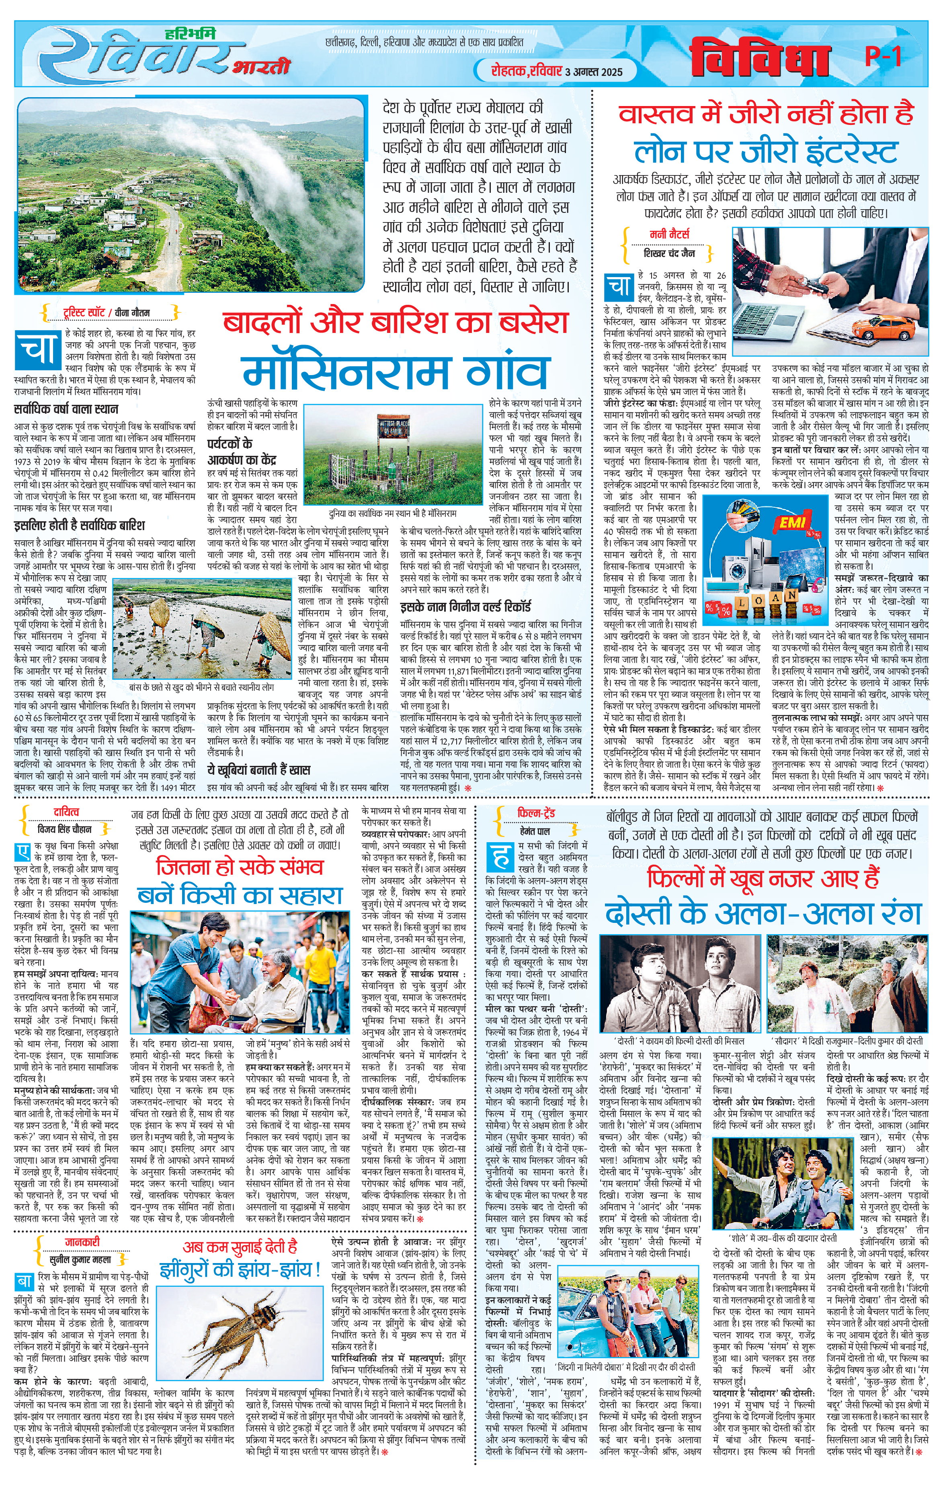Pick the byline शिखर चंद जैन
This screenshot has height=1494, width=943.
[x=669, y=253]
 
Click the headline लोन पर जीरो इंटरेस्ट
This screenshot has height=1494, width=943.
[x=765, y=151]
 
